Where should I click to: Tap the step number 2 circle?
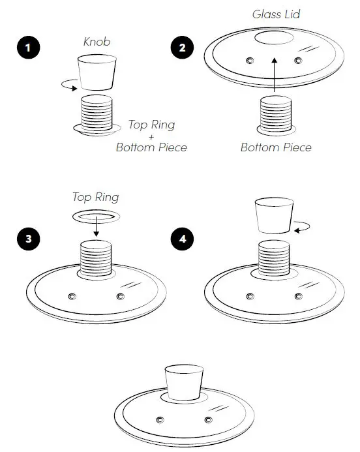(181, 48)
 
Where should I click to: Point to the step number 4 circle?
(181, 239)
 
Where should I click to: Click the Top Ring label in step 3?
(96, 196)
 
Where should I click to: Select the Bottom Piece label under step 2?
(276, 147)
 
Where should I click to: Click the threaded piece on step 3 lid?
(97, 259)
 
